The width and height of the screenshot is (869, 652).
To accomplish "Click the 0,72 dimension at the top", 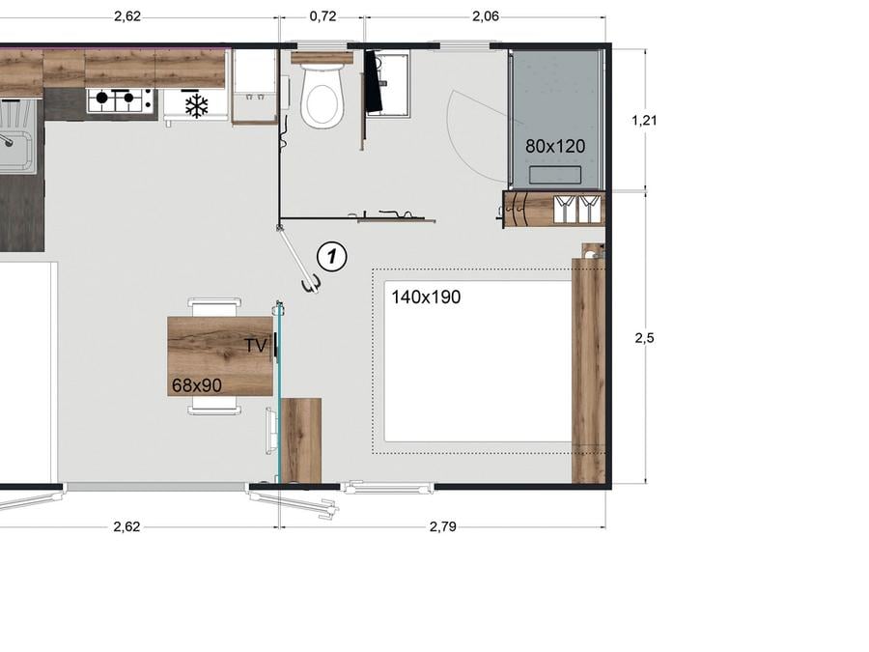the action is pyautogui.click(x=322, y=16).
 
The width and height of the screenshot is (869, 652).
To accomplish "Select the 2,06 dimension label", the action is pyautogui.click(x=486, y=16).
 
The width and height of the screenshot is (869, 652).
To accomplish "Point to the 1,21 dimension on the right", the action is pyautogui.click(x=644, y=120).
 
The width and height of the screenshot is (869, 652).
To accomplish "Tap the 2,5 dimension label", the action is pyautogui.click(x=644, y=338).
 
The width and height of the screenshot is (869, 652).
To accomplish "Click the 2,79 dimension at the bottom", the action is pyautogui.click(x=443, y=526).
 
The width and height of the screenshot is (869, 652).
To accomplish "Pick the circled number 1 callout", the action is pyautogui.click(x=331, y=257).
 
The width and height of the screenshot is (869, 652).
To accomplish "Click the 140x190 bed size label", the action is pyautogui.click(x=426, y=298).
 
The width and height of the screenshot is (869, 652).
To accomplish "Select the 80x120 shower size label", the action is pyautogui.click(x=555, y=147).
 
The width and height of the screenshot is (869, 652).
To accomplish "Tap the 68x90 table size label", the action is pyautogui.click(x=197, y=385).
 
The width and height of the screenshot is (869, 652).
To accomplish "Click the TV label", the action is pyautogui.click(x=256, y=346).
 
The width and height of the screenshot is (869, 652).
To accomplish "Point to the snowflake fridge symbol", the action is pyautogui.click(x=196, y=104).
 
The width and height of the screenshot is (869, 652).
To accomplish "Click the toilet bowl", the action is pyautogui.click(x=322, y=96).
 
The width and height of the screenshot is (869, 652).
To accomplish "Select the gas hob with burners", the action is pyautogui.click(x=120, y=99).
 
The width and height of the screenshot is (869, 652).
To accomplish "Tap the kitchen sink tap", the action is pyautogui.click(x=7, y=140).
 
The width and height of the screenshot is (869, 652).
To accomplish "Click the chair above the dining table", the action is pyautogui.click(x=214, y=307).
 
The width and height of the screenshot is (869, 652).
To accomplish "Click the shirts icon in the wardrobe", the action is pyautogui.click(x=577, y=209).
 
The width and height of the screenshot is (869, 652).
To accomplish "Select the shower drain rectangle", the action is pyautogui.click(x=555, y=175).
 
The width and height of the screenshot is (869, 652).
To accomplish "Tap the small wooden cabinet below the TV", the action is pyautogui.click(x=301, y=440).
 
